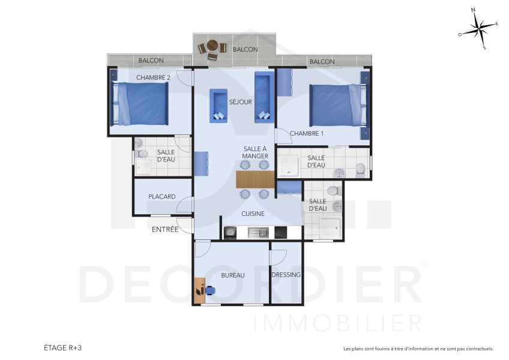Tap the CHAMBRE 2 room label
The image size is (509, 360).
click(153, 77)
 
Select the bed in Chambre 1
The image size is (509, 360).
click(336, 106)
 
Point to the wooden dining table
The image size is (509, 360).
click(255, 179)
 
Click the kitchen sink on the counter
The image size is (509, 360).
click(259, 232)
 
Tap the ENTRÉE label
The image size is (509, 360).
click(164, 229)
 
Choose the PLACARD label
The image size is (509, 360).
click(162, 197)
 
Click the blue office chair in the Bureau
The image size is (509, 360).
click(211, 290)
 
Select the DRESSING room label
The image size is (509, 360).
click(286, 275)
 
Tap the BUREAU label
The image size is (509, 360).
click(233, 275)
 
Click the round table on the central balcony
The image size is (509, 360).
click(212, 46)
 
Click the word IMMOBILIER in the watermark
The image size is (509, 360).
click(337, 323)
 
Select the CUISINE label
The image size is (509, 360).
click(253, 214)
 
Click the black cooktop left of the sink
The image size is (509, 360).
click(231, 232)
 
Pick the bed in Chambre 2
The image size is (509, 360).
click(140, 103)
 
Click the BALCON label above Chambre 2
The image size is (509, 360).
click(151, 61)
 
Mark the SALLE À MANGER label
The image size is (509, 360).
click(255, 152)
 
